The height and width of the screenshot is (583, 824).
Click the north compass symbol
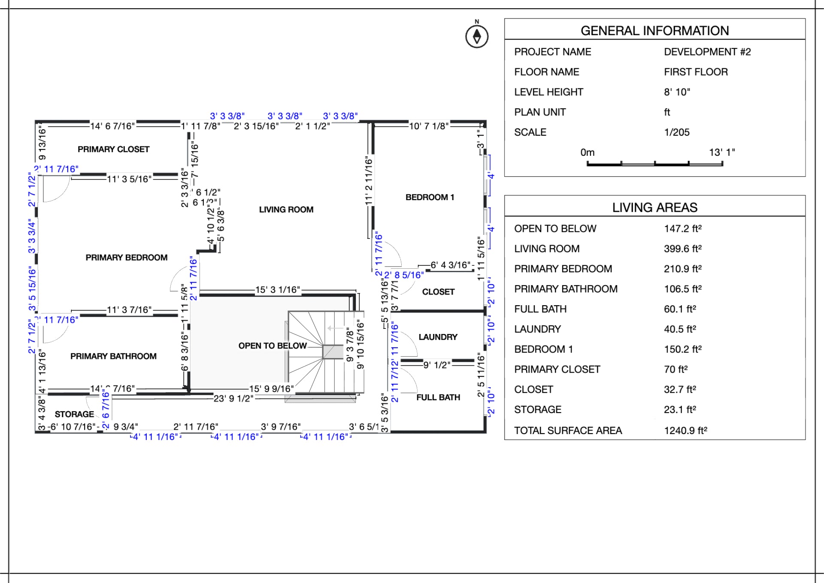click(477, 36)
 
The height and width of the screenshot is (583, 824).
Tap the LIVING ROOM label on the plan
click(286, 210)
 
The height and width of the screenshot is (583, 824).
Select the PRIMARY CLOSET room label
click(113, 149)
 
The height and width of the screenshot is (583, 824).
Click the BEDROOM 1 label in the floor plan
click(430, 197)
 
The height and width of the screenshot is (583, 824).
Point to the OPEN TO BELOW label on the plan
click(273, 346)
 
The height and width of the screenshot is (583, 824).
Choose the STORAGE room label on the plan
click(74, 414)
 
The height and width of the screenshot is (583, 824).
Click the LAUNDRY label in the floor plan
click(438, 337)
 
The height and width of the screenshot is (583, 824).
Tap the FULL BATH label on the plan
click(438, 398)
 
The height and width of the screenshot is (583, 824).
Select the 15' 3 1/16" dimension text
click(277, 290)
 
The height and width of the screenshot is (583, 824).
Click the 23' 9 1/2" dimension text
click(233, 398)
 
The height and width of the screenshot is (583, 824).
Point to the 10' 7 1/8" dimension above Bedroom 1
click(428, 126)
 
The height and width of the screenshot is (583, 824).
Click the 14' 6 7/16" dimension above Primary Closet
click(112, 126)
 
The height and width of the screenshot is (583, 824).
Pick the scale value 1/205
click(676, 132)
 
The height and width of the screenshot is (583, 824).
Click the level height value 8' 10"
click(677, 92)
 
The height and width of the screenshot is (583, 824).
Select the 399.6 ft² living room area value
click(682, 249)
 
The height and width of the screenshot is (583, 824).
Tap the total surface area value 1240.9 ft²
click(685, 430)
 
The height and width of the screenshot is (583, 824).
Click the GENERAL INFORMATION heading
click(654, 30)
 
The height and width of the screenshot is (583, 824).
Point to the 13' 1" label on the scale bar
click(721, 152)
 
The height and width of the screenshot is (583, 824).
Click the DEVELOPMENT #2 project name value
click(707, 52)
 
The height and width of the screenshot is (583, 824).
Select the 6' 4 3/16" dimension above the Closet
click(450, 265)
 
